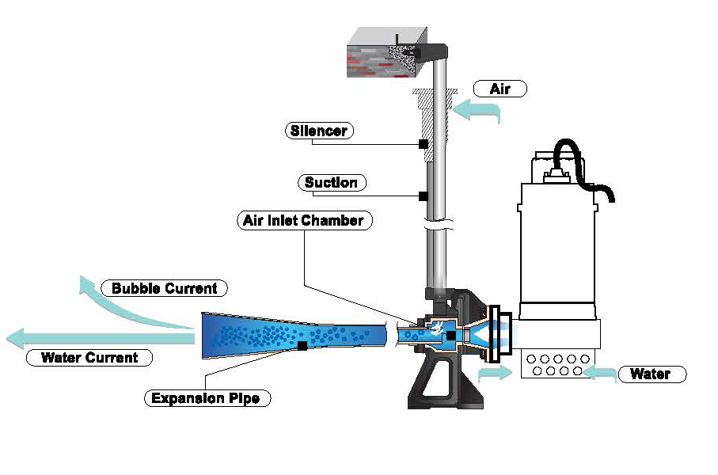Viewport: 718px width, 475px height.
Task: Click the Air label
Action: tap(500, 89)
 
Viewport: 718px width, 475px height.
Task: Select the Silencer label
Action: tap(317, 131)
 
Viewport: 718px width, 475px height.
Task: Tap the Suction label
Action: tap(331, 183)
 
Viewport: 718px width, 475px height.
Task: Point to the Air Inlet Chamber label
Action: tap(303, 220)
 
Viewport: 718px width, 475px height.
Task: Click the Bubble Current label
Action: tap(164, 288)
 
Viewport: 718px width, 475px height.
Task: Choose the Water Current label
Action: tap(89, 358)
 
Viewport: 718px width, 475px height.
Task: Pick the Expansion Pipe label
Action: tap(207, 398)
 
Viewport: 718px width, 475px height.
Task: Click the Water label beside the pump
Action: tap(649, 374)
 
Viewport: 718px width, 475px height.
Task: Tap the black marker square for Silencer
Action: tap(424, 144)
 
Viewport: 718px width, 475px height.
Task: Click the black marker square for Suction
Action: tap(424, 196)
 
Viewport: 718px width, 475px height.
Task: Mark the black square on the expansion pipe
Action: tap(302, 345)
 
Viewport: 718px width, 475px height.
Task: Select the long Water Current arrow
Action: tap(95, 339)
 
